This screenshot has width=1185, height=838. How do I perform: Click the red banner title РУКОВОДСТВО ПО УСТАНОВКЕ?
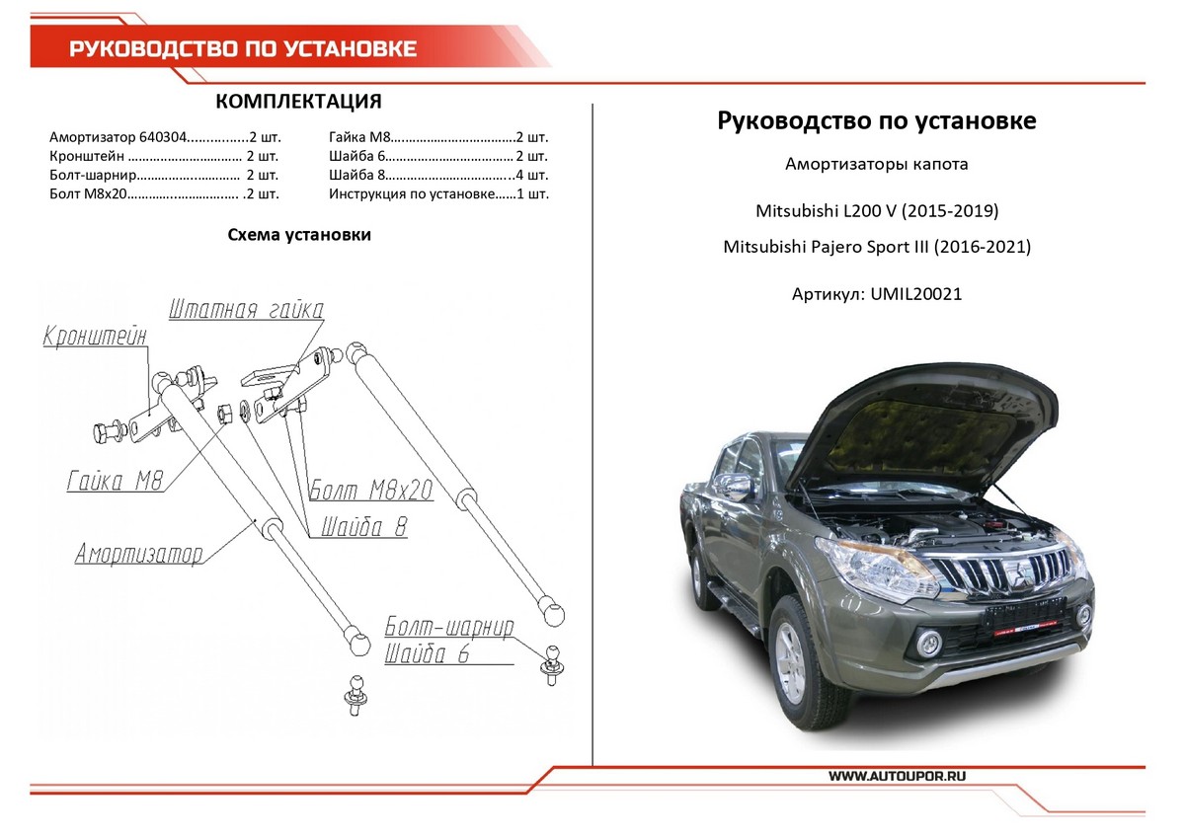click(x=242, y=49)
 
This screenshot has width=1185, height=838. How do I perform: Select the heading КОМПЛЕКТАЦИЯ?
click(x=297, y=103)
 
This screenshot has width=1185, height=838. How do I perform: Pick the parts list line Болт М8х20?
click(x=164, y=193)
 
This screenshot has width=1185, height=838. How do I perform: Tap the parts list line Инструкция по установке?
click(x=438, y=193)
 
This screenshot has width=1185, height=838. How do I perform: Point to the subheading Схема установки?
click(x=298, y=235)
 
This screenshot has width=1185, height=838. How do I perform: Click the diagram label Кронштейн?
click(x=95, y=337)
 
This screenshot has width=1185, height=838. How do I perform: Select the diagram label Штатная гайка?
click(x=246, y=310)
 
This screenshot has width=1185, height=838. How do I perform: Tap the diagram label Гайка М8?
click(x=115, y=482)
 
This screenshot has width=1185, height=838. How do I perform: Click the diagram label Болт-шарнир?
click(x=449, y=628)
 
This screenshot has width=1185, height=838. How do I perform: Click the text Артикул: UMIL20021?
click(x=876, y=294)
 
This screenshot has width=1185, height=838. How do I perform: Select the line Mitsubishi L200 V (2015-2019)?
click(x=877, y=211)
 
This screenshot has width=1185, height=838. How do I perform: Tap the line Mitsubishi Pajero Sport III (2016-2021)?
click(x=877, y=247)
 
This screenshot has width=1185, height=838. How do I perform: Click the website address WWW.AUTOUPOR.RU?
click(x=898, y=777)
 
